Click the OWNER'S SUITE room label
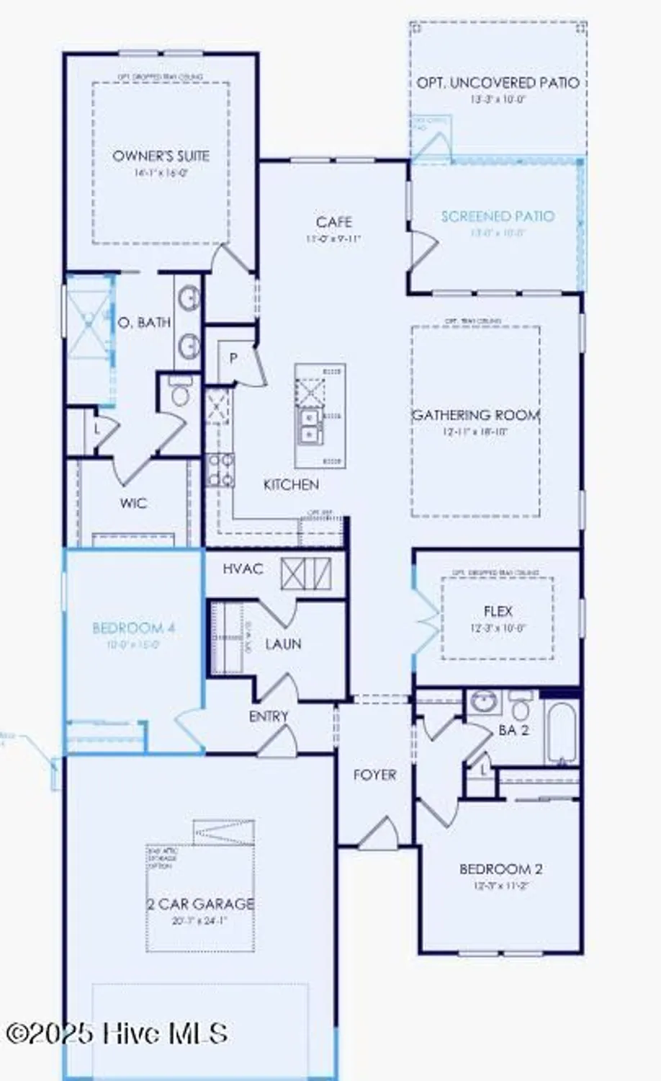161,156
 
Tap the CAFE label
333,222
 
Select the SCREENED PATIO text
498,216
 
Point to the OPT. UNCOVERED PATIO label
498,84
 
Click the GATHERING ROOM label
475,415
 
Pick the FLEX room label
498,612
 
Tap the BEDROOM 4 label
134,628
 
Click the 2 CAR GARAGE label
201,904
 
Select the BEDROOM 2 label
501,869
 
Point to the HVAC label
243,569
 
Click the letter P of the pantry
233,357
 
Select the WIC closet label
133,503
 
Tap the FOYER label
374,775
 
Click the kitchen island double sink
310,425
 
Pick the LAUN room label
283,644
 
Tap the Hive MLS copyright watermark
117,1034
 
